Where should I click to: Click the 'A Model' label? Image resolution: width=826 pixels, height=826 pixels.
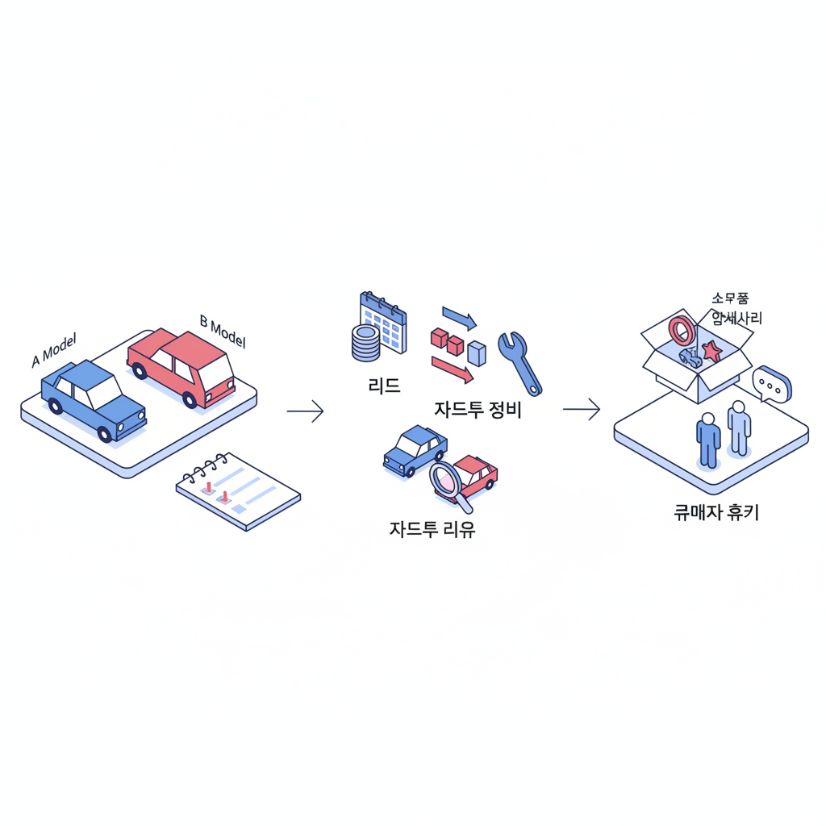[x=53, y=353]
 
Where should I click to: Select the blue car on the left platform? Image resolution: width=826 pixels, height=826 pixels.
[x=92, y=399]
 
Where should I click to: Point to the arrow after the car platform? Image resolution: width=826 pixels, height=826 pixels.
[x=305, y=411]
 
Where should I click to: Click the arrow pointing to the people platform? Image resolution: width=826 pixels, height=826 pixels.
[x=582, y=410]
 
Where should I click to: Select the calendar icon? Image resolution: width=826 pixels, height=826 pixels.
[x=385, y=322]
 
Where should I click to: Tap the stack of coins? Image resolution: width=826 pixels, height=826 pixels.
[x=365, y=343]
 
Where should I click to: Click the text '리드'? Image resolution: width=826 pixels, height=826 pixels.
[x=384, y=386]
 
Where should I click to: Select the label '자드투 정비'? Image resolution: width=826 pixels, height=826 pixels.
[x=478, y=410]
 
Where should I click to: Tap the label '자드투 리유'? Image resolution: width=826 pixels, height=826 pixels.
[x=432, y=530]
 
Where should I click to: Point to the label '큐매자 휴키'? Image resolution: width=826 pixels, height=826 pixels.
[x=716, y=512]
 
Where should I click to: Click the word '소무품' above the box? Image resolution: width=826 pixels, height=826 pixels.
[x=730, y=298]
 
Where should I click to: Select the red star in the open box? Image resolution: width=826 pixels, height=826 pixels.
[x=711, y=351]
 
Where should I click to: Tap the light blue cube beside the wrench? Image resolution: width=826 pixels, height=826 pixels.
[x=477, y=353]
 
